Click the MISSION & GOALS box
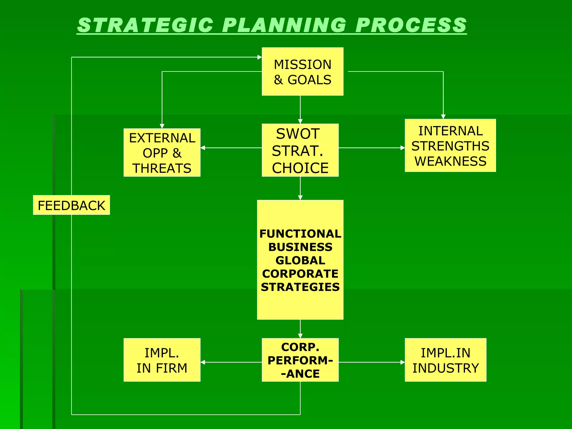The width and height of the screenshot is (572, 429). [x=302, y=71]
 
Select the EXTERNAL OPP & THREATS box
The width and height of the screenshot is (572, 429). [x=162, y=152]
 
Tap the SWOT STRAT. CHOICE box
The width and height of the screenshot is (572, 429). [x=300, y=150]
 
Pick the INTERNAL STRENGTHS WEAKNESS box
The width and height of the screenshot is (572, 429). [x=450, y=146]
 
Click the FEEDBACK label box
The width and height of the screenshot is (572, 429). [x=71, y=205]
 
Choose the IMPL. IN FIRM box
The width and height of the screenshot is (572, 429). [x=162, y=360]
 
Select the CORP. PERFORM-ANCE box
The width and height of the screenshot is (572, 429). [x=300, y=360]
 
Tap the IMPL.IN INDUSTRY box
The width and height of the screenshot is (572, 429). [x=445, y=360]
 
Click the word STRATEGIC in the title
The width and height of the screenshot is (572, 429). [x=145, y=25]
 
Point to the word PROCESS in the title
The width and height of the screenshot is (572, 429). [x=411, y=25]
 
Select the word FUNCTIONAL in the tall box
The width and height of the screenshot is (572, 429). [x=300, y=233]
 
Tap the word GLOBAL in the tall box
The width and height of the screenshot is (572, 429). [x=300, y=260]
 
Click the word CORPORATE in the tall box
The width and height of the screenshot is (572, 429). [x=300, y=274]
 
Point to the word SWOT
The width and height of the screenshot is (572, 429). [x=298, y=134]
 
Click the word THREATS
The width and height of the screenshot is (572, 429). [x=162, y=168]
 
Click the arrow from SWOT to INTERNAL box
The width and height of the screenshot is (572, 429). [x=371, y=148]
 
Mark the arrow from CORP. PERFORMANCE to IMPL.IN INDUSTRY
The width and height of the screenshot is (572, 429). [x=371, y=362]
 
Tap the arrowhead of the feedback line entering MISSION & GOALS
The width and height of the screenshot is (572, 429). [x=259, y=57]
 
